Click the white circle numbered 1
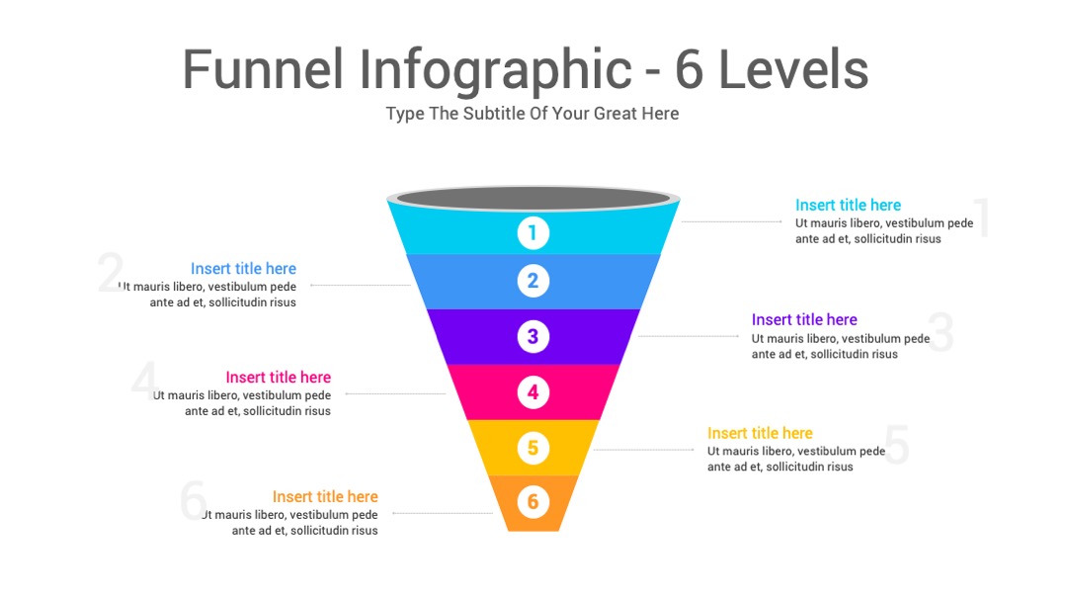click(x=533, y=233)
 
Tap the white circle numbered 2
click(x=533, y=281)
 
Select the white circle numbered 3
click(x=533, y=336)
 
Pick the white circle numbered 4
click(x=533, y=392)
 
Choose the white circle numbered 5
click(x=533, y=448)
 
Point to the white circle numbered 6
click(x=533, y=502)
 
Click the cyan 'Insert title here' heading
click(x=848, y=205)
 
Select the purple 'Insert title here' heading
click(x=804, y=319)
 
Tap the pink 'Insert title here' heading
click(x=279, y=378)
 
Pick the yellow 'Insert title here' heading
click(x=760, y=433)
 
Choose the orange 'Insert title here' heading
click(x=325, y=496)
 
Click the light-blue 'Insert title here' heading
click(x=244, y=268)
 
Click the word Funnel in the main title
click(x=263, y=69)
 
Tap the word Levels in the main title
click(x=793, y=69)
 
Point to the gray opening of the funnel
click(x=533, y=198)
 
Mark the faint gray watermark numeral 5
click(x=897, y=445)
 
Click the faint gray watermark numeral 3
click(x=941, y=332)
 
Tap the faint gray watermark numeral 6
click(x=194, y=500)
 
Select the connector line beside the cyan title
click(x=731, y=221)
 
